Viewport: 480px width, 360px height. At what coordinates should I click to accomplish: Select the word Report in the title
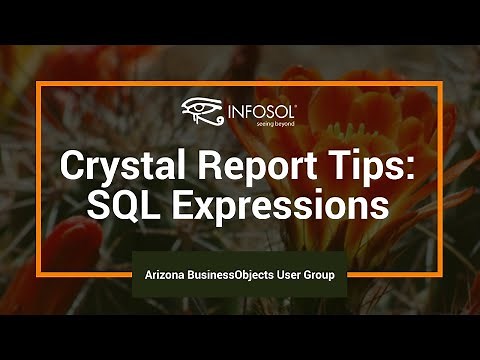pos(237,165)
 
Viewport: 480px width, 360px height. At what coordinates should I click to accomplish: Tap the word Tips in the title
pos(344,165)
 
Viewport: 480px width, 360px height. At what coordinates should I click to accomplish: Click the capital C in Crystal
pos(73,164)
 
